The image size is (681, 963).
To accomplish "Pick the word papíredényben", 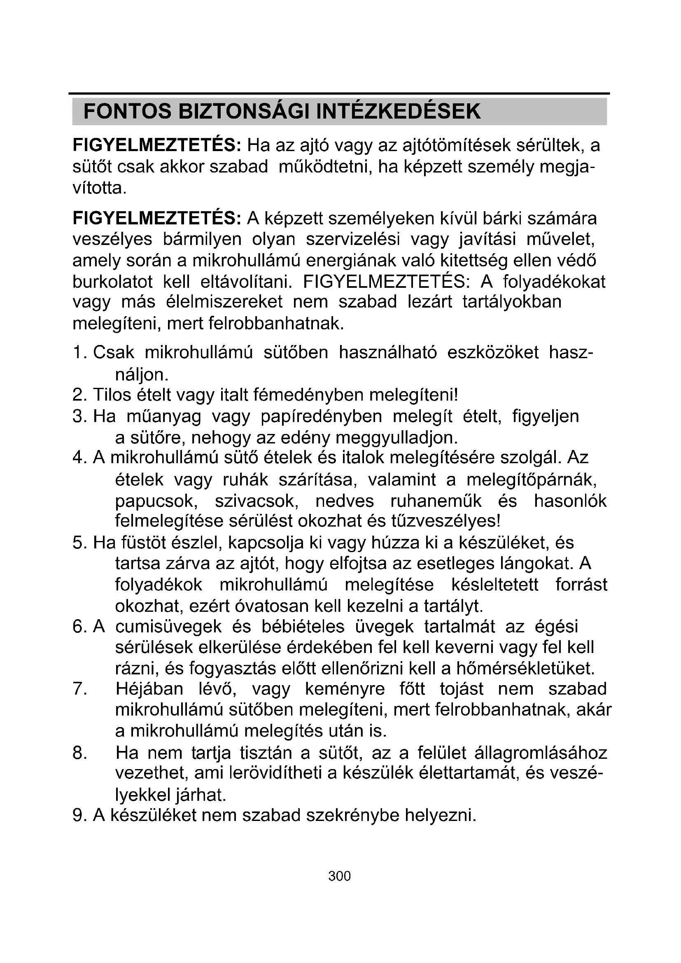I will coord(321,417).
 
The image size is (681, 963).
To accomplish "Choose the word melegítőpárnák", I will coord(532,480).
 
